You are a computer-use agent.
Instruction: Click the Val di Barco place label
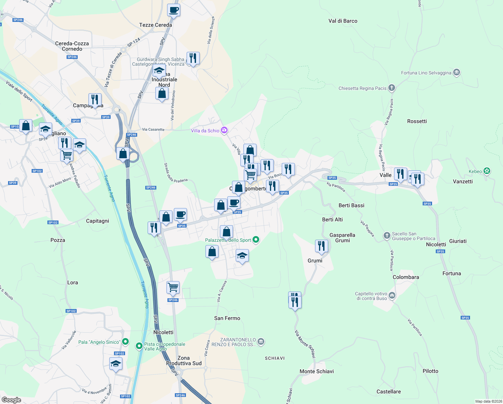(343, 21)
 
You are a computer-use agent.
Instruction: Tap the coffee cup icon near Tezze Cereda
(173, 10)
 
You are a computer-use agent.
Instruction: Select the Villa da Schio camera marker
(224, 130)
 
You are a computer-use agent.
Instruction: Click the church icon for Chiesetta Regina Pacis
(391, 88)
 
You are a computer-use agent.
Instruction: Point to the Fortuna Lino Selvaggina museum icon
(456, 72)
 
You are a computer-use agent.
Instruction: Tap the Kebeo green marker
(487, 171)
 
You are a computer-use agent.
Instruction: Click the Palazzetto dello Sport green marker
(256, 240)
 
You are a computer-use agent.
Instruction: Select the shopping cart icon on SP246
(173, 288)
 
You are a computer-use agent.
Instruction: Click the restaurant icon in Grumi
(321, 246)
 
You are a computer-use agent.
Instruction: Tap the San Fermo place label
(227, 318)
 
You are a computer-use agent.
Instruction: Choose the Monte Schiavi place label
(316, 371)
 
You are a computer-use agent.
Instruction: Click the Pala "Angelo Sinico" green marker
(125, 342)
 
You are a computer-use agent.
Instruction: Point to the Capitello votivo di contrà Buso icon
(392, 296)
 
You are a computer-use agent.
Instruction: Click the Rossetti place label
(417, 121)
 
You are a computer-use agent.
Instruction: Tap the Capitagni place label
(98, 221)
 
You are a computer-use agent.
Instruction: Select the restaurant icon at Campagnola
(95, 100)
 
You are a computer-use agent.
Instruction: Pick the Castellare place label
(388, 392)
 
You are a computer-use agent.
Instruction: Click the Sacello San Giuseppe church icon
(387, 235)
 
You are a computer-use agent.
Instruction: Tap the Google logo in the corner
(11, 400)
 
